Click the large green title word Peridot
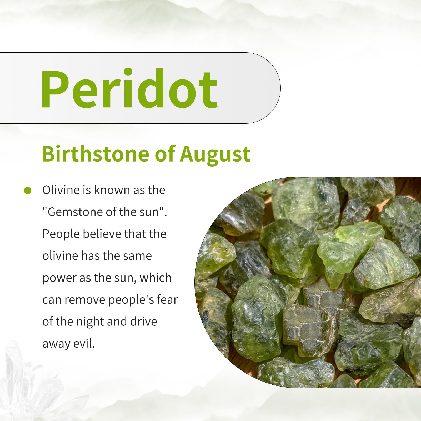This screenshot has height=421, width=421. click(129, 88)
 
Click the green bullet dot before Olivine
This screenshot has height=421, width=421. click(28, 191)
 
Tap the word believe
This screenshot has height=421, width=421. click(102, 234)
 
